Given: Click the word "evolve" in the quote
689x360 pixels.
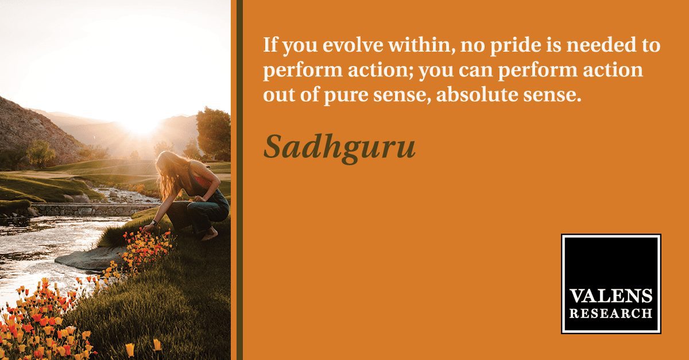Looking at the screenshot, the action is pyautogui.click(x=353, y=45).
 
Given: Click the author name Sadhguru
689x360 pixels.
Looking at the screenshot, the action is pyautogui.click(x=339, y=148).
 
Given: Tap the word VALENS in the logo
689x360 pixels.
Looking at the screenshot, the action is pyautogui.click(x=611, y=296).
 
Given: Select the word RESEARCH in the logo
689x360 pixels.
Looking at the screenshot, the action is pyautogui.click(x=611, y=313).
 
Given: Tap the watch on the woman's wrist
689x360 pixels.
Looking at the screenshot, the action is pyautogui.click(x=154, y=222).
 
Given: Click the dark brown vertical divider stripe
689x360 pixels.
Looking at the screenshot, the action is pyautogui.click(x=239, y=180).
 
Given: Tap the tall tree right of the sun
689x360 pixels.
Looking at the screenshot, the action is pyautogui.click(x=213, y=133).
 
